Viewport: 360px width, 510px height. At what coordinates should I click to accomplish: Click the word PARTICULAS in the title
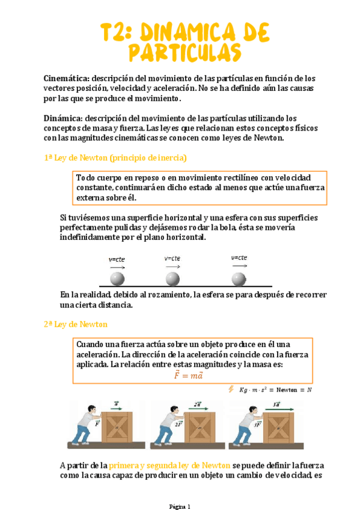[185, 52]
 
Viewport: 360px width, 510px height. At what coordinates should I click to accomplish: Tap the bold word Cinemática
[66, 78]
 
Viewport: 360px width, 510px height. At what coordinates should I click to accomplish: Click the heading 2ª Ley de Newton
[75, 325]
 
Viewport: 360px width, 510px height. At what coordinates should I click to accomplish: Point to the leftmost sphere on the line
[117, 279]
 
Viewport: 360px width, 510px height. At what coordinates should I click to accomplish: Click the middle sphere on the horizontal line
[172, 279]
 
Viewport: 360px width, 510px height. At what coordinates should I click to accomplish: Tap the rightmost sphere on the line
[239, 279]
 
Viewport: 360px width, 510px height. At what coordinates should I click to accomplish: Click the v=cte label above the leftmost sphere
[117, 260]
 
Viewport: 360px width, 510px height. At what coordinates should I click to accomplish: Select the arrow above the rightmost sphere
[240, 266]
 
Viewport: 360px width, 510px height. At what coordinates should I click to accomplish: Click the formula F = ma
[189, 375]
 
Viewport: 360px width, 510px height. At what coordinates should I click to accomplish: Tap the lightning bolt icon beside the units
[231, 389]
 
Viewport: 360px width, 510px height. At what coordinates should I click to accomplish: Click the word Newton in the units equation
[287, 390]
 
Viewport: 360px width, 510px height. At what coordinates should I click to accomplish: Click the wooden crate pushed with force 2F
[200, 428]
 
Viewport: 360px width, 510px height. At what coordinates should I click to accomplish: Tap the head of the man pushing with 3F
[254, 410]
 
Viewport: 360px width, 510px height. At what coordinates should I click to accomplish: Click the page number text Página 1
[180, 506]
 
